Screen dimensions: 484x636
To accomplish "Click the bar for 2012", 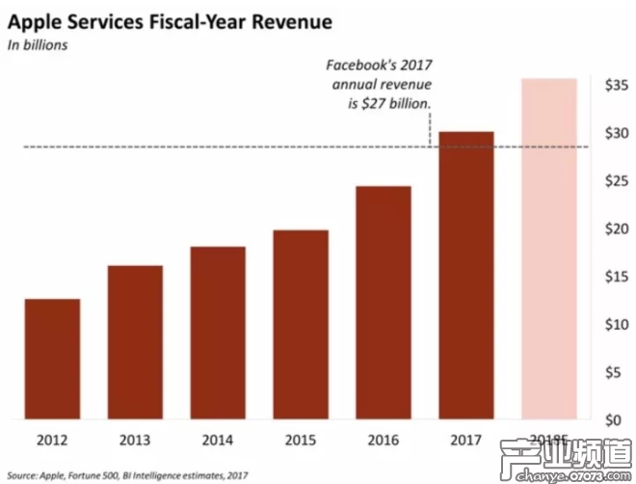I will point(52,359).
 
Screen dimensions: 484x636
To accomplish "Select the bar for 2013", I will point(135,342).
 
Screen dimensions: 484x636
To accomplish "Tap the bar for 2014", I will point(218,333).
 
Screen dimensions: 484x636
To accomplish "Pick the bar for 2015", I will point(301,325).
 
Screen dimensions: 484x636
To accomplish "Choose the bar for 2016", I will point(384,303).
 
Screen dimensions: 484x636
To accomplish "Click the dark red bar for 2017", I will point(466,276).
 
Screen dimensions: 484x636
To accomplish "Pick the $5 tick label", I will point(618,372).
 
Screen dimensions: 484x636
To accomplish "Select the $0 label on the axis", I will point(618,420).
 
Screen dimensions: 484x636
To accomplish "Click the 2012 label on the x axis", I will point(52,442).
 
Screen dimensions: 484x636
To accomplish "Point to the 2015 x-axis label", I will point(301,442).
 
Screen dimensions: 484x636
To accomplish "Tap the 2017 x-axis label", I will point(466,442).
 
